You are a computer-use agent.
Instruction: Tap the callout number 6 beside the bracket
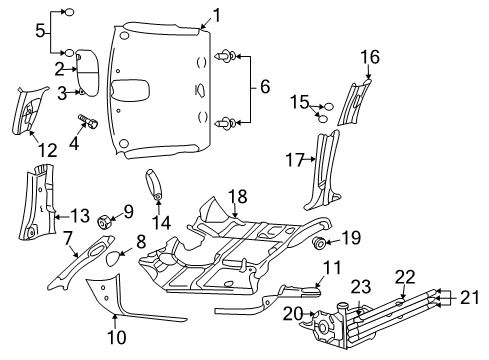(x=264, y=87)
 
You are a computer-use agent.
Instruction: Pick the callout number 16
(x=370, y=58)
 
